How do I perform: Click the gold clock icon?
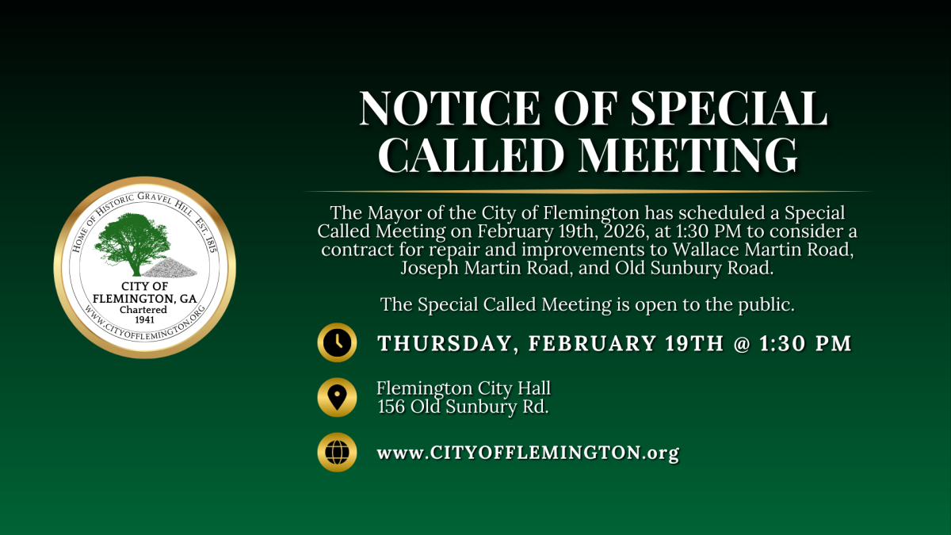[337, 342]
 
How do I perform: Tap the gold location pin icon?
[337, 397]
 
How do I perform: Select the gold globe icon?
[337, 453]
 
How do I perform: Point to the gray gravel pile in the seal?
[170, 268]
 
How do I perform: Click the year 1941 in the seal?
[144, 319]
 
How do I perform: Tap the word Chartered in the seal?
[143, 310]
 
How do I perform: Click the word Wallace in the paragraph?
[702, 249]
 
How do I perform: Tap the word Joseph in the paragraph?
[430, 269]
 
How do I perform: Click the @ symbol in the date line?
[742, 343]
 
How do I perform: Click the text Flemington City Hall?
[463, 388]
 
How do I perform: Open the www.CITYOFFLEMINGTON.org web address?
[528, 453]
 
